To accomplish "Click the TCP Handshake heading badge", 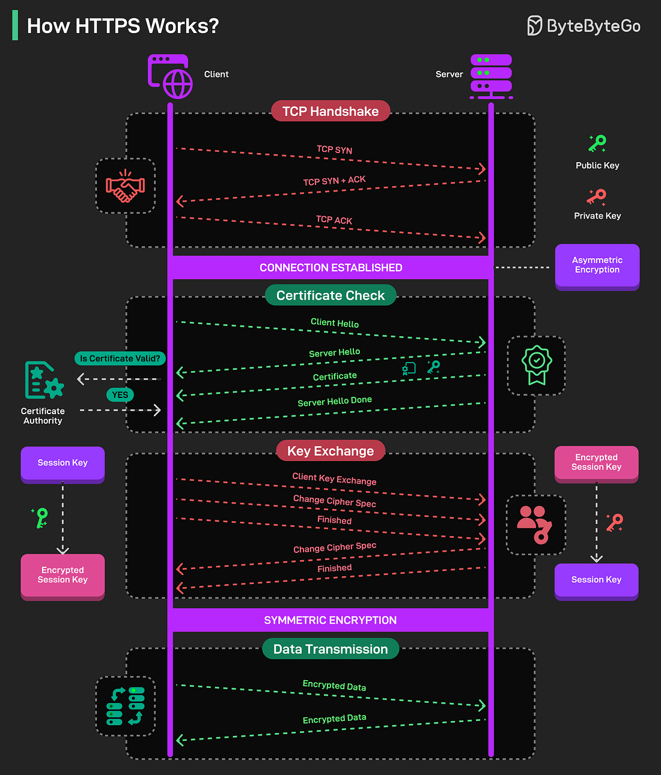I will [x=330, y=111].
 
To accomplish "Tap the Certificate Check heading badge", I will [x=330, y=295].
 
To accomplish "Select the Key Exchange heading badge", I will [x=330, y=451].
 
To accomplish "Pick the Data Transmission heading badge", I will [x=330, y=649].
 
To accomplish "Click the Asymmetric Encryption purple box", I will [x=597, y=265].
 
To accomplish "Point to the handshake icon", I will [x=125, y=186].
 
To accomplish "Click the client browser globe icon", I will [x=171, y=76].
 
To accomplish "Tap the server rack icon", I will [x=491, y=76].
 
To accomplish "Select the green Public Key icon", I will [x=597, y=143].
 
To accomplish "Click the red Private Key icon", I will [x=597, y=196].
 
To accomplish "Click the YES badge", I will [x=120, y=395].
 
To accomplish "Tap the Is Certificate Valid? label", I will [x=120, y=358].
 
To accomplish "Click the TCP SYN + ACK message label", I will [x=334, y=181].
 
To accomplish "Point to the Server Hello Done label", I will [x=335, y=402].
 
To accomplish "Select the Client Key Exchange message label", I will [x=334, y=479].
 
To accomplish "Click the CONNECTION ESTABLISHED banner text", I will [x=330, y=268].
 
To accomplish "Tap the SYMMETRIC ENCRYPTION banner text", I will [x=330, y=620].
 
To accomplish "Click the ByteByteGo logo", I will [x=583, y=26].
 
